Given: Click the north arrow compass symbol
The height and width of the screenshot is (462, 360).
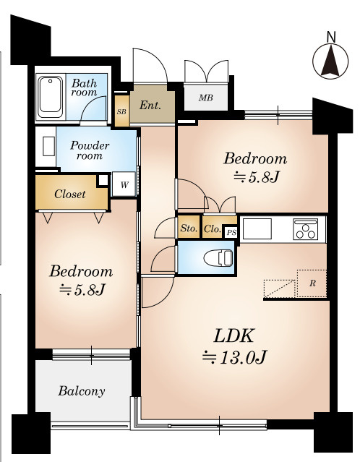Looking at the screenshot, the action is (x=330, y=61).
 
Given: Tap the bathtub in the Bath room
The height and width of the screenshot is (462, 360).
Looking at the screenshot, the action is (x=51, y=97).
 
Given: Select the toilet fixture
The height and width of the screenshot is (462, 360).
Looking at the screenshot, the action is (x=218, y=257).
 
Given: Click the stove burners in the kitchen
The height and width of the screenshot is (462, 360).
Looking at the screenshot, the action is (x=306, y=229).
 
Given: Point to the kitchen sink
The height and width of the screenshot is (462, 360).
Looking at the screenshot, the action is (x=257, y=228).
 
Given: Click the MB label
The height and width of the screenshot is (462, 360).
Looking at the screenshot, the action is (x=205, y=98).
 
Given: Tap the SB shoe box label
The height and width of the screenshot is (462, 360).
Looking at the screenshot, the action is (x=121, y=111).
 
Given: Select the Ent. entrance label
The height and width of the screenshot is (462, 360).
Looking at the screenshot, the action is (x=150, y=105).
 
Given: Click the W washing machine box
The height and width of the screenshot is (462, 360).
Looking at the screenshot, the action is (x=124, y=184).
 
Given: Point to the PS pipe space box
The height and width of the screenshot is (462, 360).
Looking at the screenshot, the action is (x=231, y=233).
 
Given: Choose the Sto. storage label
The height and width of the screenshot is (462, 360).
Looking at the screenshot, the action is (x=189, y=228).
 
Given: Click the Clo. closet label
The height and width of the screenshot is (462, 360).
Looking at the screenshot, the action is (x=213, y=228).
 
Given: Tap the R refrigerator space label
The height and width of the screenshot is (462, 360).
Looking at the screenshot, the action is (x=312, y=283).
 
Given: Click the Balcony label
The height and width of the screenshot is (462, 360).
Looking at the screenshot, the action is (x=82, y=391).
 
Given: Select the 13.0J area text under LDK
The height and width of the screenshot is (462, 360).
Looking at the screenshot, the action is (x=235, y=357).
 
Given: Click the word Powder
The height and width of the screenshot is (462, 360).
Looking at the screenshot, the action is (x=90, y=145).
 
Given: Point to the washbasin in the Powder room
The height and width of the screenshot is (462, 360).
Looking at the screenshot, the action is (x=48, y=146).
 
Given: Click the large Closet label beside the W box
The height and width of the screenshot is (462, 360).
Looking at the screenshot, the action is (x=70, y=194).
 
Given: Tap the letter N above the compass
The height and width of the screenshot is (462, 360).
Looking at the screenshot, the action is (x=331, y=37).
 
